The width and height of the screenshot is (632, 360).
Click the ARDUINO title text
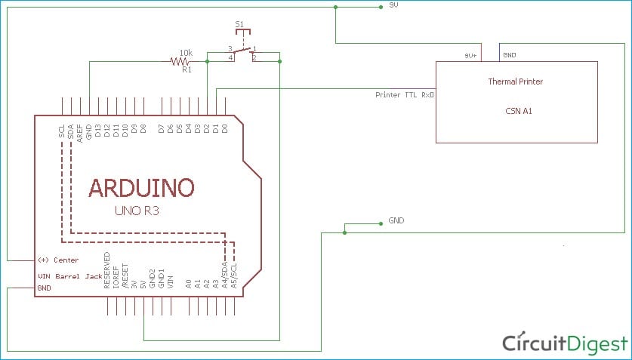tap(141, 187)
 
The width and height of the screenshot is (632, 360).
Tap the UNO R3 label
tap(137, 212)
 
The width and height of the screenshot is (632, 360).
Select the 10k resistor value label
tap(185, 54)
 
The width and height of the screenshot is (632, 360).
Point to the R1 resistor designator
tap(187, 70)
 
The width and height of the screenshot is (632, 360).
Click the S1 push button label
tap(239, 26)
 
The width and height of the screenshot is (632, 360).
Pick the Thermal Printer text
tap(516, 82)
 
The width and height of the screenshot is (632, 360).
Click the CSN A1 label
tap(516, 110)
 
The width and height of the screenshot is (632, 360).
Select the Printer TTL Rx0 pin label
tap(404, 95)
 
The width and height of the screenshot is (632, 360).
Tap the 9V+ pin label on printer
tap(470, 55)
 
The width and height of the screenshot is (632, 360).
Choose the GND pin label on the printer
tap(509, 55)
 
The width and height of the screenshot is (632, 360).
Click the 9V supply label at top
tap(393, 6)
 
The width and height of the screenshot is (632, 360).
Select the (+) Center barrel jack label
tap(58, 260)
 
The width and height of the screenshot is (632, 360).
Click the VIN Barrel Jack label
tap(69, 276)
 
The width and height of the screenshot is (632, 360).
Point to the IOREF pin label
tap(116, 277)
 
